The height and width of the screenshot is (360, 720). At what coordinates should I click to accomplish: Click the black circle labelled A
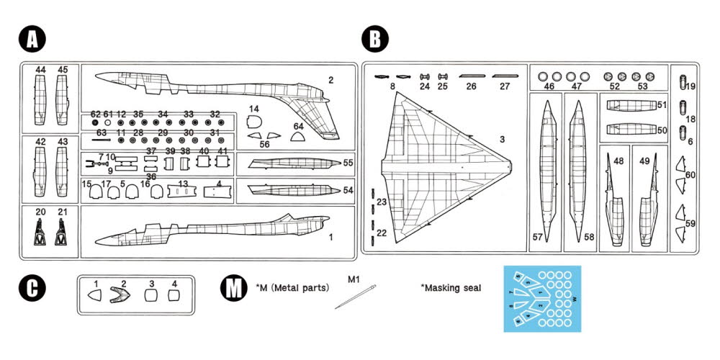[x=31, y=40]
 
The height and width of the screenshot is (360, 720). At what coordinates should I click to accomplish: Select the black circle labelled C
[x=31, y=289]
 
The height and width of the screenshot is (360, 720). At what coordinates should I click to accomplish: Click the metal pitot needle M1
[x=354, y=296]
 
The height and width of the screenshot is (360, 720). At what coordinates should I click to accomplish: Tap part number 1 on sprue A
[x=330, y=237]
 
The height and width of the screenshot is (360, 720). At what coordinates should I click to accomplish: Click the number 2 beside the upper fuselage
[x=330, y=80]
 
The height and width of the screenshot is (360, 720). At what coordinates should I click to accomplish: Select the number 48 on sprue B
[x=618, y=161]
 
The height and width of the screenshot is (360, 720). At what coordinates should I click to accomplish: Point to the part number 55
[x=348, y=163]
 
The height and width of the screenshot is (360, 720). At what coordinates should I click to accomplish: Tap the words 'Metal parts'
[x=297, y=287]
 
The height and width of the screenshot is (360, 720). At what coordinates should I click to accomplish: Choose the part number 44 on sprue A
[x=40, y=70]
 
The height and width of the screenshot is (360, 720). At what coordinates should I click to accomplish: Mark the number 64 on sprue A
[x=299, y=127]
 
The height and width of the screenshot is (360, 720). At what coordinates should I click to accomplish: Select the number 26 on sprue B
[x=472, y=86]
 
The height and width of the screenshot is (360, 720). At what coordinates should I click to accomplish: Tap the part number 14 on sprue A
[x=254, y=109]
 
